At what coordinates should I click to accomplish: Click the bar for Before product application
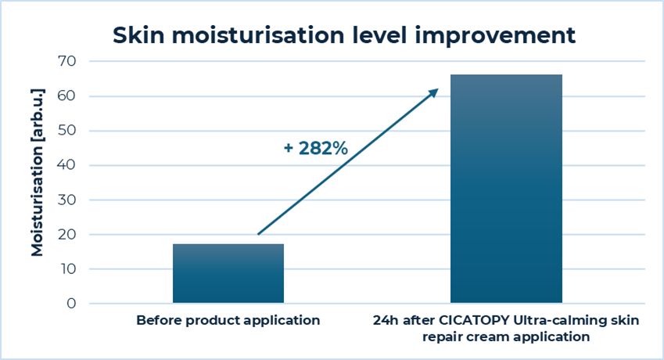(228, 273)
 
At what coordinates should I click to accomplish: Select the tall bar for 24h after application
(506, 189)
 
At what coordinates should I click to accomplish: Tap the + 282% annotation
(316, 148)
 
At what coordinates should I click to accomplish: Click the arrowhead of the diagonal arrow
(434, 92)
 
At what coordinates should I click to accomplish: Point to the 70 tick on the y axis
(67, 61)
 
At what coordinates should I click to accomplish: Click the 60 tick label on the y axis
(67, 95)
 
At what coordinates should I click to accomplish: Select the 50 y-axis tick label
(67, 131)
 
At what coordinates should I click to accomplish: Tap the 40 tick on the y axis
(67, 165)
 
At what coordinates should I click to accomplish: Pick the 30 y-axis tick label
(67, 200)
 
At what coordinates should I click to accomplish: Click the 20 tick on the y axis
(67, 234)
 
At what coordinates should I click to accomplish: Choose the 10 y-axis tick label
(68, 269)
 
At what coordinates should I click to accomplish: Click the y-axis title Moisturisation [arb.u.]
(38, 172)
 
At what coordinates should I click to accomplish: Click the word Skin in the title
(138, 35)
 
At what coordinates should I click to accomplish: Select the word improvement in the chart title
(495, 36)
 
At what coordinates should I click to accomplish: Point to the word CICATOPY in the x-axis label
(474, 320)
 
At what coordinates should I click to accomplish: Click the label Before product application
(228, 321)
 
